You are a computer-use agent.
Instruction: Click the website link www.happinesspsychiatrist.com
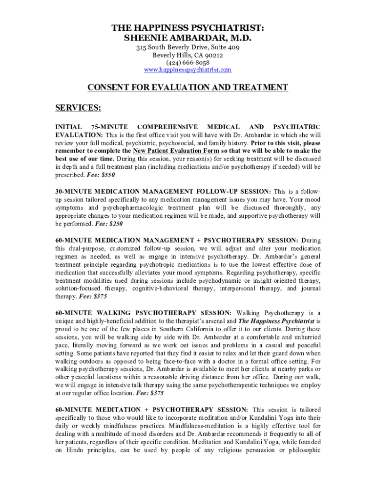188,70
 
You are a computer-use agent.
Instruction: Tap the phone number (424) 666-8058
188,63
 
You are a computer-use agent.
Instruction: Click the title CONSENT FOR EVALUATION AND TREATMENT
188,88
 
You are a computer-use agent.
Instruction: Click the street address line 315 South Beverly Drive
188,47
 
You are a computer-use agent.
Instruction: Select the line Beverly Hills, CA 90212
188,55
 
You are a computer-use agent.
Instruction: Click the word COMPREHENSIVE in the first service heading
167,126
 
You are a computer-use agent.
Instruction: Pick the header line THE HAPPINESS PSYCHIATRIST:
188,28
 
